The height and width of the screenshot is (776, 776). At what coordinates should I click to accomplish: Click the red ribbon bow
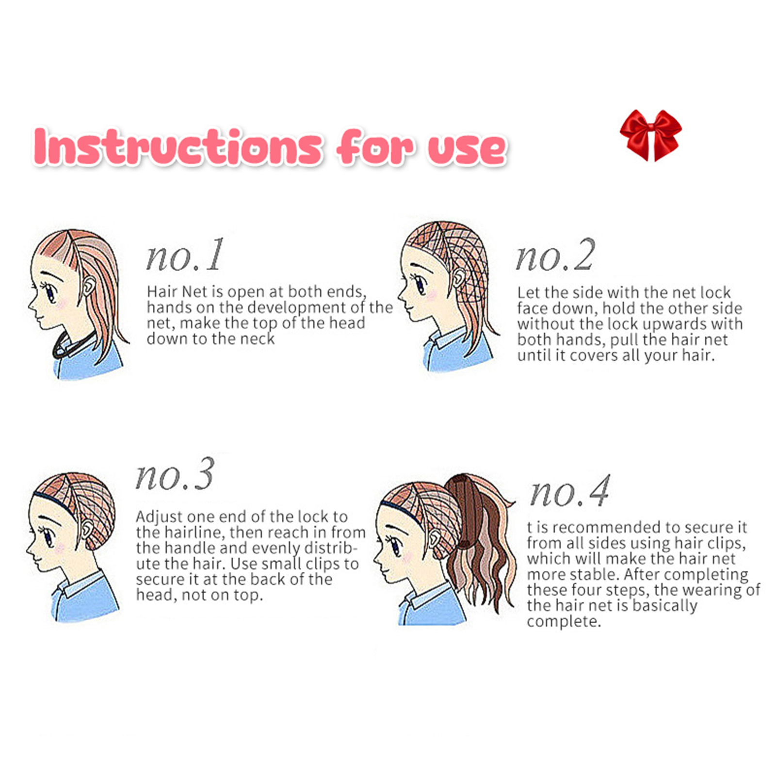click(650, 135)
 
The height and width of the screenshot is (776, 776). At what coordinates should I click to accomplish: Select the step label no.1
click(185, 255)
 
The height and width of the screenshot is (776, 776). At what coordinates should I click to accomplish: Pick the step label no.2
click(555, 255)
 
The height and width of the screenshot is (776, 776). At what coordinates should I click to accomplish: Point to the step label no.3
click(175, 474)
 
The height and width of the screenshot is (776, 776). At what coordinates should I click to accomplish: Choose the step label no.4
click(570, 491)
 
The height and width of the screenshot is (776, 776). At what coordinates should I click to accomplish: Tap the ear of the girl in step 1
click(87, 287)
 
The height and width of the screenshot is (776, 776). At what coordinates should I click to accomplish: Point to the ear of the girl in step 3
click(86, 530)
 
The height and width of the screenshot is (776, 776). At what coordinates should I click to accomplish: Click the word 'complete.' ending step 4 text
click(564, 621)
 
